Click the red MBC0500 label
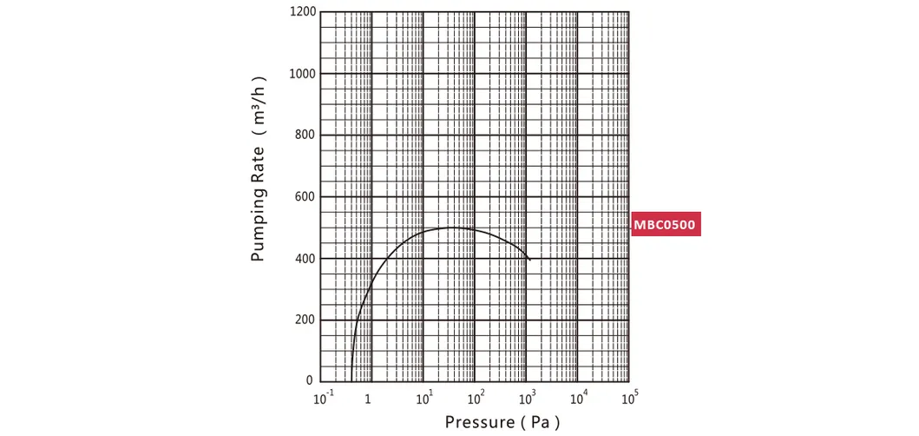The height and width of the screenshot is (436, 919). click(x=665, y=226)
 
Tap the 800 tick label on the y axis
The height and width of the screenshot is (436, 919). click(x=304, y=135)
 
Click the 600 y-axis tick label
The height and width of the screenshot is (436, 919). click(x=304, y=197)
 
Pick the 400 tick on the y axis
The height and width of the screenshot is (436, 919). click(x=304, y=259)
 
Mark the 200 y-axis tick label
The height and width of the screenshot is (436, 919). click(x=304, y=320)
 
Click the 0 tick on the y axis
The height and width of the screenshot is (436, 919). click(x=309, y=381)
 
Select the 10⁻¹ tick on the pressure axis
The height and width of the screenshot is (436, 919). click(x=321, y=398)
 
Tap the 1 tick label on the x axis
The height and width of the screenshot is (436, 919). click(x=369, y=400)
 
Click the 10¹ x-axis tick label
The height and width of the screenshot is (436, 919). click(x=424, y=398)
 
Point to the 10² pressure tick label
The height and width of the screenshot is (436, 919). click(x=476, y=398)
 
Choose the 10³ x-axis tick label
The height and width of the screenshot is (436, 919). click(x=528, y=398)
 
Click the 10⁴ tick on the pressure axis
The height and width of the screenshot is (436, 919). click(x=579, y=398)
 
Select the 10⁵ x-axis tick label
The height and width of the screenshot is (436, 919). click(x=631, y=398)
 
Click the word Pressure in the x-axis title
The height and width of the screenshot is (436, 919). click(x=481, y=423)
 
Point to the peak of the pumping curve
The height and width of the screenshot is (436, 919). click(x=451, y=228)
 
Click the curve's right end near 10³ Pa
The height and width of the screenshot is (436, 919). click(x=529, y=259)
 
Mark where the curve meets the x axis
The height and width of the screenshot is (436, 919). click(x=351, y=381)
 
